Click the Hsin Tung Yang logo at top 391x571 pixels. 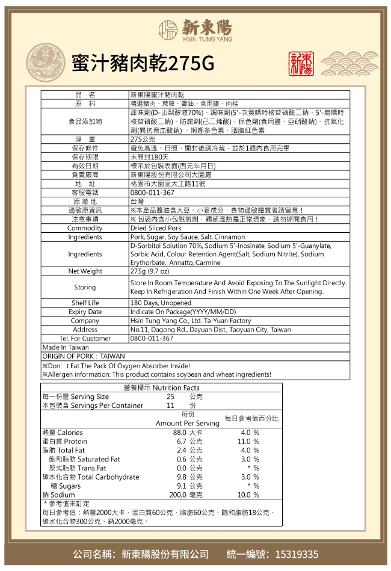(x=195, y=28)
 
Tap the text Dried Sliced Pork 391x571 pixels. (x=156, y=228)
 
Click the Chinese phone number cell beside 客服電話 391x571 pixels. (x=152, y=193)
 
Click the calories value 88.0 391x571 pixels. (x=179, y=433)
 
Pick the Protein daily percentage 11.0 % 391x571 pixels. (x=248, y=442)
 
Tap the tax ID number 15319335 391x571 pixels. (x=297, y=554)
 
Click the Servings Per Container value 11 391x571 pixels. (x=171, y=406)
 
